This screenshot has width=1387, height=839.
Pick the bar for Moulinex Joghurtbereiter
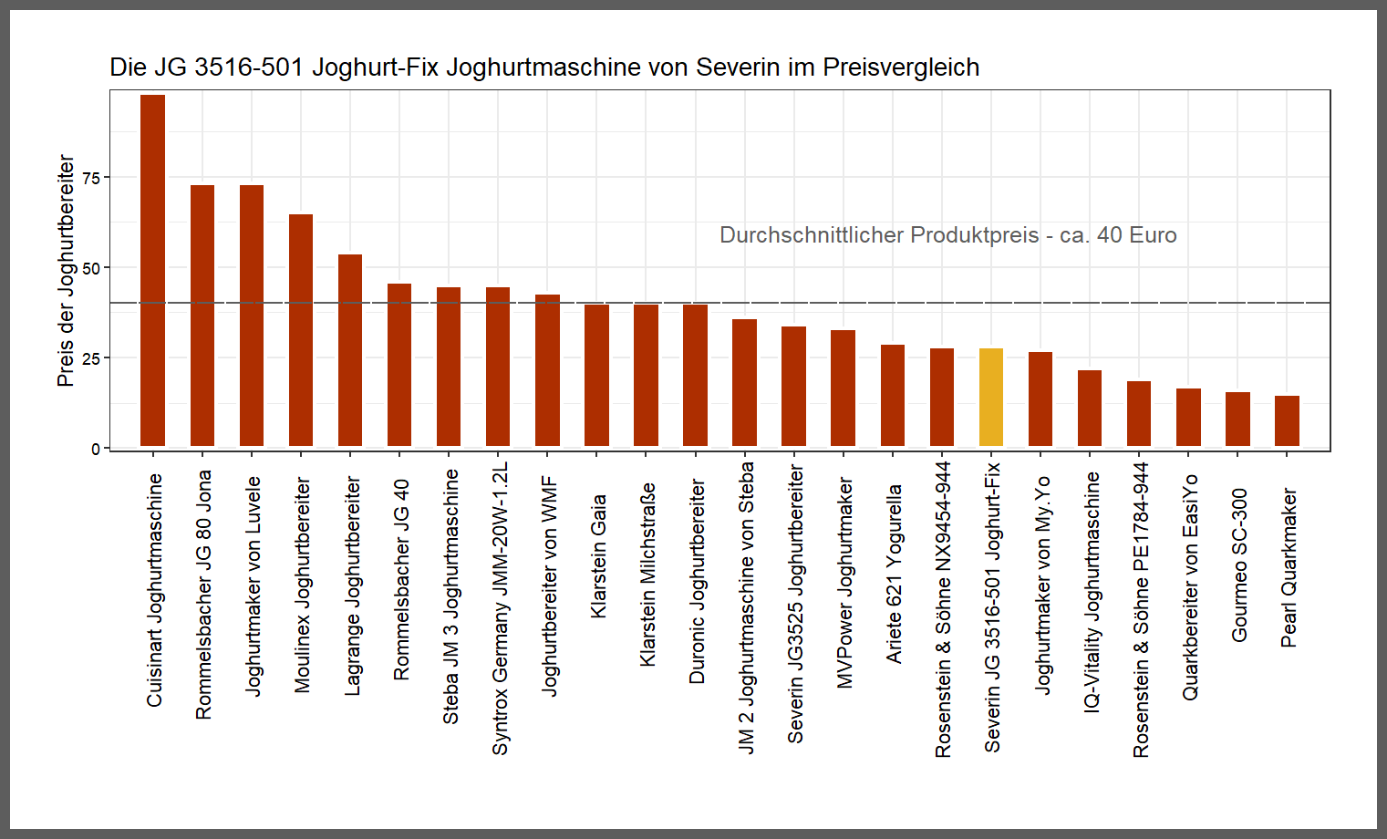point(301,330)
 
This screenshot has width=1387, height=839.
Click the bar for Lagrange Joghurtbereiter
point(350,350)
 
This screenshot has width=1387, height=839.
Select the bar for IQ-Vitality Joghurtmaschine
point(1090,408)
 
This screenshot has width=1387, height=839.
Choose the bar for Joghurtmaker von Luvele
point(252,316)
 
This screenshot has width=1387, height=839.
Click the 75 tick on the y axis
point(91,178)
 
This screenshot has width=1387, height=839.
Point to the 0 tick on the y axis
point(96,449)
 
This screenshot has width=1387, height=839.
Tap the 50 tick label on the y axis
point(91,268)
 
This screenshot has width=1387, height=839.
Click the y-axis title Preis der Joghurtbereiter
point(66,270)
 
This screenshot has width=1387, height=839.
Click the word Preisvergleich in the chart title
point(901,67)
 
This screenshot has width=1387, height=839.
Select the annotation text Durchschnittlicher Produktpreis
point(878,235)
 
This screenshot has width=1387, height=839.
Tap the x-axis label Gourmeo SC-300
point(1239,565)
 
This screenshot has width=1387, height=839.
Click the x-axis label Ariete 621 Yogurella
point(894,574)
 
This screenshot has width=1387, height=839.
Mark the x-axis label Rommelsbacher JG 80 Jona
point(203,595)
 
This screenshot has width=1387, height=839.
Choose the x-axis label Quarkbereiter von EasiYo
point(1190,588)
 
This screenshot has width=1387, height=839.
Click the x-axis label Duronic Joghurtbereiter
point(697,582)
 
